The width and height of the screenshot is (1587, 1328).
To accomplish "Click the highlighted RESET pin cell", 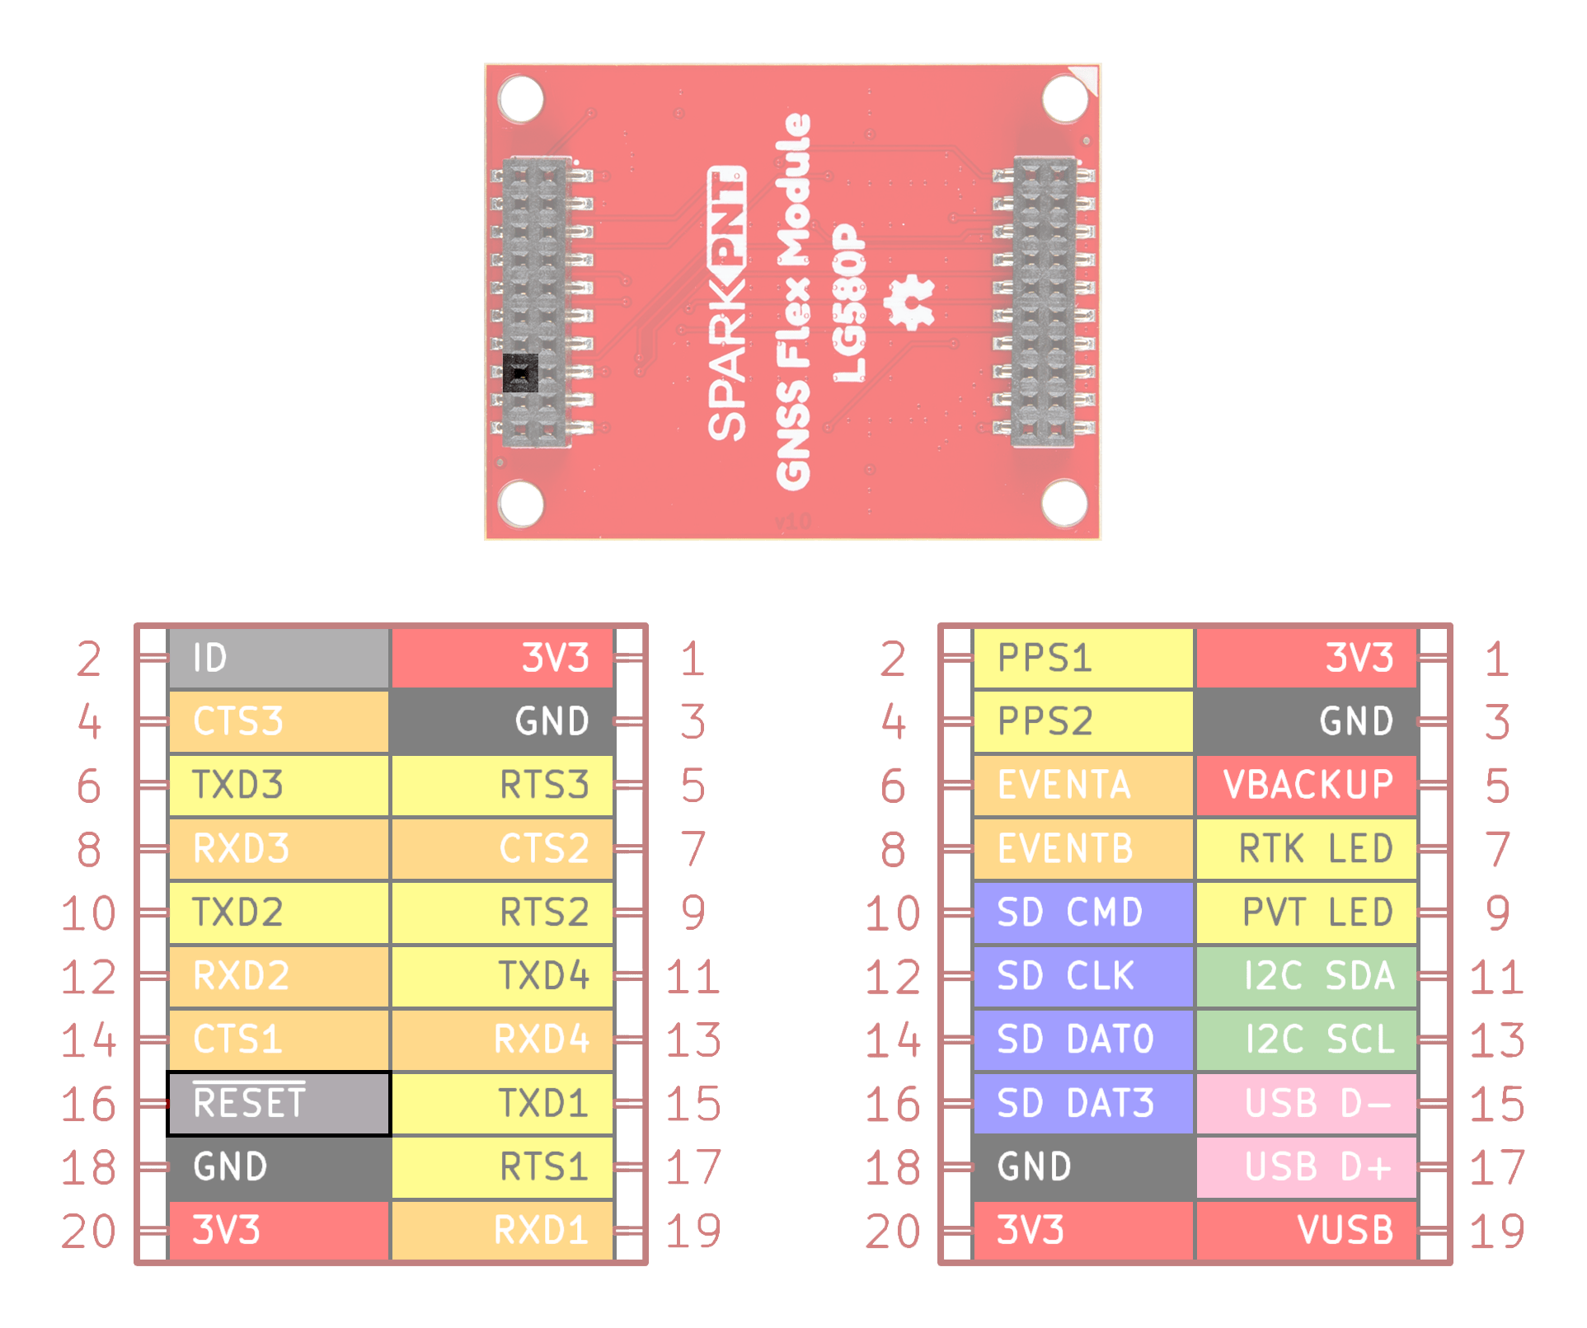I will pos(279,1104).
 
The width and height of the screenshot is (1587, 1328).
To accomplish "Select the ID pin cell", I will pos(279,658).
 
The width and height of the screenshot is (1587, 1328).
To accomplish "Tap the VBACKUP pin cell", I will pos(1307,785).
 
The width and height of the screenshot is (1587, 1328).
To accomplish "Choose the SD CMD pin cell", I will pos(1083,913).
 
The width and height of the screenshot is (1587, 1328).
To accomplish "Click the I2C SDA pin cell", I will pos(1307,976).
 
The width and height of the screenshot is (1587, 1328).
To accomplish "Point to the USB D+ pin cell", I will pos(1307,1167).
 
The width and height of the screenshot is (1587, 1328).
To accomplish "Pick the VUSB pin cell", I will pos(1307,1231).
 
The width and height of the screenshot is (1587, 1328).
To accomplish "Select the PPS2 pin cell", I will pos(1083,721).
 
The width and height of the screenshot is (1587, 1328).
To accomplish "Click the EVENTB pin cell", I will pos(1083,849).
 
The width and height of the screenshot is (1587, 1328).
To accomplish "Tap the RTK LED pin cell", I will pos(1307,849).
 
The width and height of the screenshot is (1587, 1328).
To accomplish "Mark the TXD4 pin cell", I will pos(502,976).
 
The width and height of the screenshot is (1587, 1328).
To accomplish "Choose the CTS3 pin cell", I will pos(279,721).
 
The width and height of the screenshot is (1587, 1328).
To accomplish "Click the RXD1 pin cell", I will pos(502,1231).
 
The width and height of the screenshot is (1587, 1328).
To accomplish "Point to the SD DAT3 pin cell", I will pos(1083,1104).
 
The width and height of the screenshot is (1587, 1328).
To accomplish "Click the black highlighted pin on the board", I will pos(520,373).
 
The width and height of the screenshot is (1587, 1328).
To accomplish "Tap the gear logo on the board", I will pos(909,303).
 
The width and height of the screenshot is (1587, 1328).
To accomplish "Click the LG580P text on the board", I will pos(850,303).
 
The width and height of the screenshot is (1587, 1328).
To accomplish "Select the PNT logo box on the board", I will pos(727,216).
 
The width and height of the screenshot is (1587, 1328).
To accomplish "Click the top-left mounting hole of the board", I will pos(521,99).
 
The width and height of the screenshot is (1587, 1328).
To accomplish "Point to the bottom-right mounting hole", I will pos(1064,503).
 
